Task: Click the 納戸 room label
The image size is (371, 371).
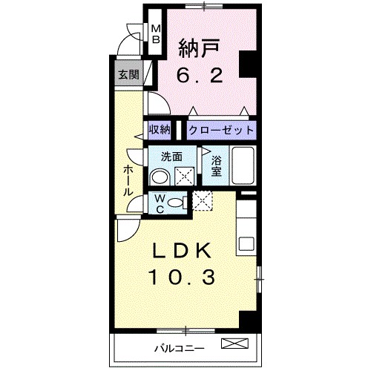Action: pyautogui.click(x=196, y=46)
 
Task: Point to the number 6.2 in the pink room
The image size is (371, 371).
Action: pyautogui.click(x=196, y=74)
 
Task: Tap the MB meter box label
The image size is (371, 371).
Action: pyautogui.click(x=157, y=35)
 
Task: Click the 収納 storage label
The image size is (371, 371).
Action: pyautogui.click(x=159, y=130)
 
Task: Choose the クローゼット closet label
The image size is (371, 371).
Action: pyautogui.click(x=221, y=130)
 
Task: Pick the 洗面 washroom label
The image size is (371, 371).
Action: pyautogui.click(x=173, y=157)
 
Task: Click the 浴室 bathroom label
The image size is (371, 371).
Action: pyautogui.click(x=217, y=165)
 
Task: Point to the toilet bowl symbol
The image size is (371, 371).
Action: pyautogui.click(x=175, y=203)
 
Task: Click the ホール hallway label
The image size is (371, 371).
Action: pyautogui.click(x=128, y=180)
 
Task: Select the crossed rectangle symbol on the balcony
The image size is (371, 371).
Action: pyautogui.click(x=237, y=344)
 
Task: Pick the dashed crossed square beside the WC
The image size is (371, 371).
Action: pyautogui.click(x=203, y=200)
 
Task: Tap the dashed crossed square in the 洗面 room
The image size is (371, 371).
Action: pyautogui.click(x=184, y=176)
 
